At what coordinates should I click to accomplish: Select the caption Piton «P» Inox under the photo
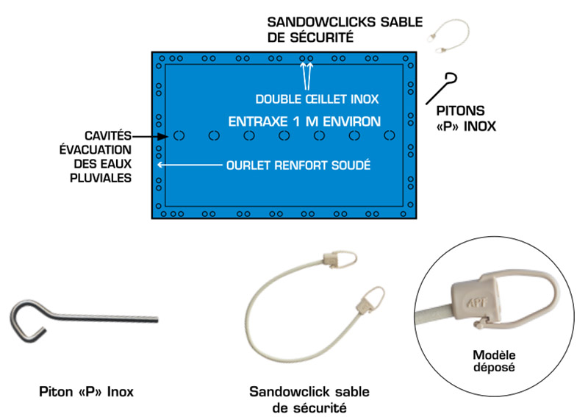(x=86, y=389)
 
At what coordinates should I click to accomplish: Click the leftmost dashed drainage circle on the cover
(x=179, y=136)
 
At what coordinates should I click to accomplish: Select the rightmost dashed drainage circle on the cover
(x=390, y=136)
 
